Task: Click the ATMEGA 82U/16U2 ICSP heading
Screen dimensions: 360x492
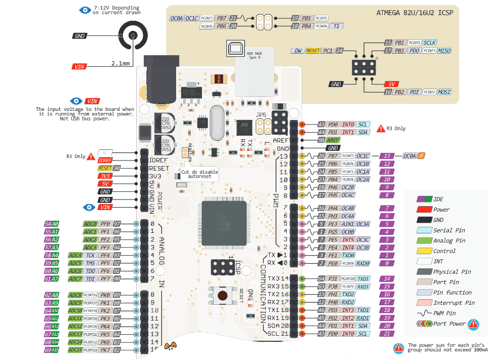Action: coord(415,12)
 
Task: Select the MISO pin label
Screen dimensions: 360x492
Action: coord(444,51)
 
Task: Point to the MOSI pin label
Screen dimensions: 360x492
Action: coord(444,92)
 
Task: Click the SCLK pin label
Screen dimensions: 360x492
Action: coord(430,43)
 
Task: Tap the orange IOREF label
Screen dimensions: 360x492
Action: coord(105,160)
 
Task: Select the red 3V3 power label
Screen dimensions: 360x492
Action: coord(105,176)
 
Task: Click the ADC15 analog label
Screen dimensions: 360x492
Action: coord(75,350)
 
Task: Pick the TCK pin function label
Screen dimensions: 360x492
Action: coord(91,255)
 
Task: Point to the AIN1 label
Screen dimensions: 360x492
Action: coord(348,224)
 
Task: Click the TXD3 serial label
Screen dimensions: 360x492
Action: coord(363,278)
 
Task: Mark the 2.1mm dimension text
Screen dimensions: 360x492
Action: coord(120,64)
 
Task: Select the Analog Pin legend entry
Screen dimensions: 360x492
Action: coord(448,241)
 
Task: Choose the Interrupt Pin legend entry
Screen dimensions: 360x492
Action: coord(454,303)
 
